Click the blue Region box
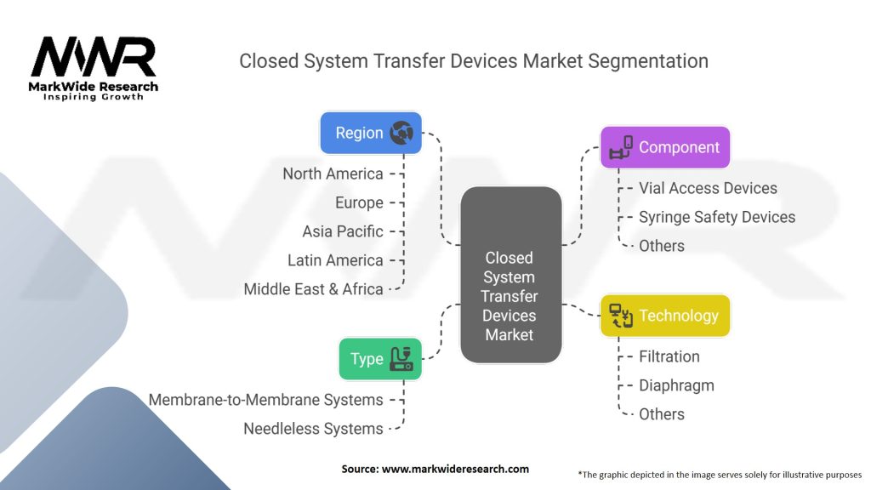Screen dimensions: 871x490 [371, 134]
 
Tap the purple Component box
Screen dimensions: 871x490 [665, 147]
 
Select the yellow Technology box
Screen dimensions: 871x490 [665, 316]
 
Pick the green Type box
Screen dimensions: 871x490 [380, 359]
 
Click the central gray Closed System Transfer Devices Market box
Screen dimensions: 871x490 [510, 275]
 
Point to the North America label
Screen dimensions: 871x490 [333, 174]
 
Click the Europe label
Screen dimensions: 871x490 [359, 202]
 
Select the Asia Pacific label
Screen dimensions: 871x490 [342, 231]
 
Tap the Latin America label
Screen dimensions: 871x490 [335, 260]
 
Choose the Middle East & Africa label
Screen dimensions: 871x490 [313, 289]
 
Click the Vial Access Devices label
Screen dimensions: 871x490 [708, 188]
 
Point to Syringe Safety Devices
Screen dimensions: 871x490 [716, 217]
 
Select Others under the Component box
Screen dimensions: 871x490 [661, 246]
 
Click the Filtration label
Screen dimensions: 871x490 [669, 356]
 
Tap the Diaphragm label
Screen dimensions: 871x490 [676, 385]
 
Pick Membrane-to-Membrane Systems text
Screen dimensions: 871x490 [265, 400]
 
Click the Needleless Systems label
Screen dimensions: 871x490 [313, 429]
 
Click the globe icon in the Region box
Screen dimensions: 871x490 [401, 134]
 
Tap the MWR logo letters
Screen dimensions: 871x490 [94, 56]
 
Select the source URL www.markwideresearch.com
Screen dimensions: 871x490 [455, 469]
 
